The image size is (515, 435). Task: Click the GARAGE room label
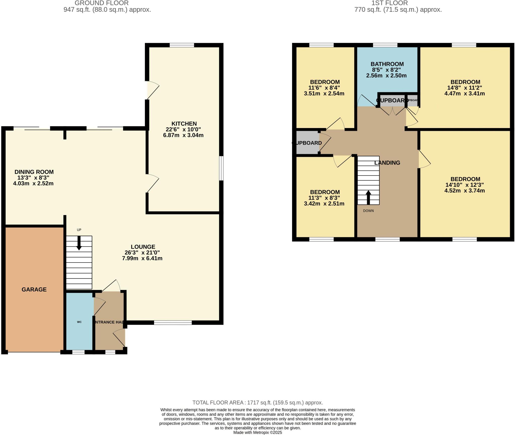tap(34, 289)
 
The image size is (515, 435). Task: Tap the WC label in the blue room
tap(79, 322)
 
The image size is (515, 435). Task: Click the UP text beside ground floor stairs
tap(79, 230)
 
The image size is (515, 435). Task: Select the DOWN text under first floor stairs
tap(368, 211)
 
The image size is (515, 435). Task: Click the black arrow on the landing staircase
tap(368, 197)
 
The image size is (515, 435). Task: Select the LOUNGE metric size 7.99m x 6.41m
tap(142, 258)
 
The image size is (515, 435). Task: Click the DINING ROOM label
tap(34, 172)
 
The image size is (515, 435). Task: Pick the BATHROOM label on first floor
tap(387, 64)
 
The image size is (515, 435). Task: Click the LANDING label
tap(387, 163)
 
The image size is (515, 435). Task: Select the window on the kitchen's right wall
tap(221, 168)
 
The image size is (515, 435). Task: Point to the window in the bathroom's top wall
tap(385, 45)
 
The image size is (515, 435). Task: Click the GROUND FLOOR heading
tap(102, 3)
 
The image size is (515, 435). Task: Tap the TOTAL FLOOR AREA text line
tap(257, 403)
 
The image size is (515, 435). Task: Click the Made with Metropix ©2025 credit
tap(257, 432)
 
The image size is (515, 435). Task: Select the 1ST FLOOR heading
tap(390, 3)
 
